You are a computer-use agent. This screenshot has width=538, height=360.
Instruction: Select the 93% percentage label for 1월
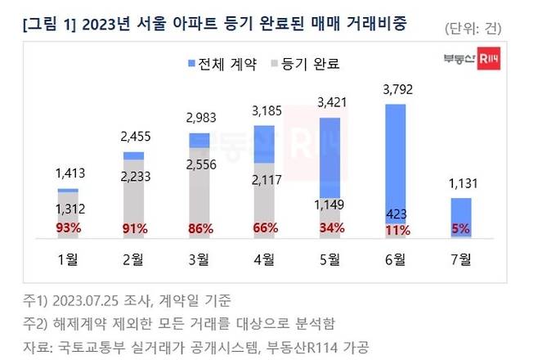tap(69, 228)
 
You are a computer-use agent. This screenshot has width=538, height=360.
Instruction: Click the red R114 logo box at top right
tap(489, 59)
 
